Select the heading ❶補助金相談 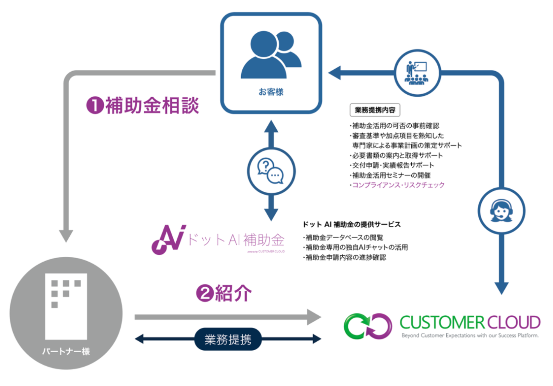point(143,106)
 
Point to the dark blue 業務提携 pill point(227,340)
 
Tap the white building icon point(66,307)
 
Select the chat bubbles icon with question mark point(270,171)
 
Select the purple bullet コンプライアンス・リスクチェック point(397,185)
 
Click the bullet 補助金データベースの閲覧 point(345,237)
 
